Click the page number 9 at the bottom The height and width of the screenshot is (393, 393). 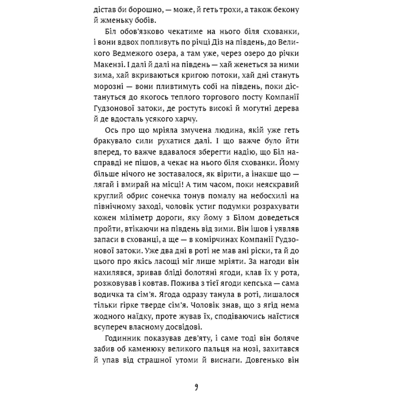click(x=196, y=386)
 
